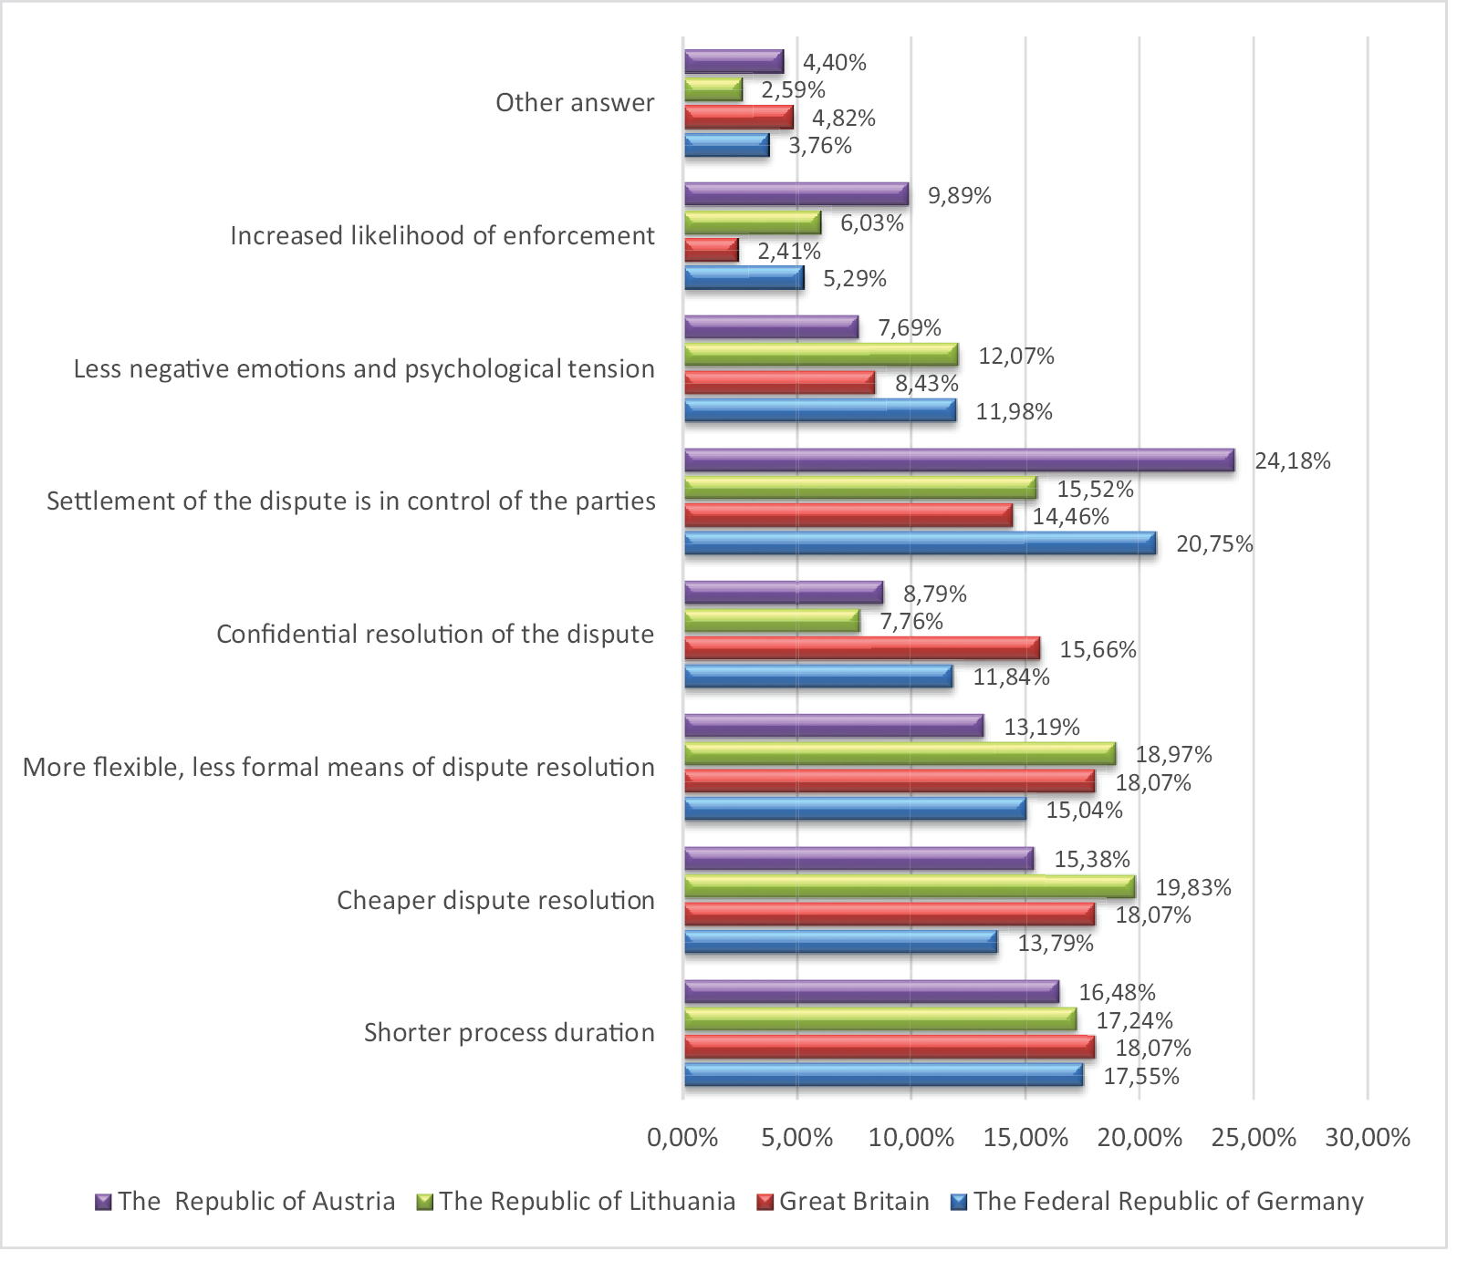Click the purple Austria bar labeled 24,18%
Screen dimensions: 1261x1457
958,460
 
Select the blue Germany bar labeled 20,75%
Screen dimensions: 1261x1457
920,543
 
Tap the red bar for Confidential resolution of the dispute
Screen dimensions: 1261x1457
861,648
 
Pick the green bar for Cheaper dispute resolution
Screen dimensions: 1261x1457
909,886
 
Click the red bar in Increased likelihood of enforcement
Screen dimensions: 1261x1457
711,251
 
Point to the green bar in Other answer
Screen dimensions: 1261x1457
713,89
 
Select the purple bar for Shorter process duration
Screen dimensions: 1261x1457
871,991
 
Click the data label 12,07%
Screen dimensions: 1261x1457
1016,356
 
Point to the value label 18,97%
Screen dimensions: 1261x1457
1173,754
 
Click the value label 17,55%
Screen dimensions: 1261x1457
1140,1076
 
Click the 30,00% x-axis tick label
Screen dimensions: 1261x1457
1367,1137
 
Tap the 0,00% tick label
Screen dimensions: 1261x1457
682,1137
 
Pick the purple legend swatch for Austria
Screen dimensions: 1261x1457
103,1202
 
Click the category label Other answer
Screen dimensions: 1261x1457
575,102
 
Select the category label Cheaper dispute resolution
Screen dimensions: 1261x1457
495,900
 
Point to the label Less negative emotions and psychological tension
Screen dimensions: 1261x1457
364,368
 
